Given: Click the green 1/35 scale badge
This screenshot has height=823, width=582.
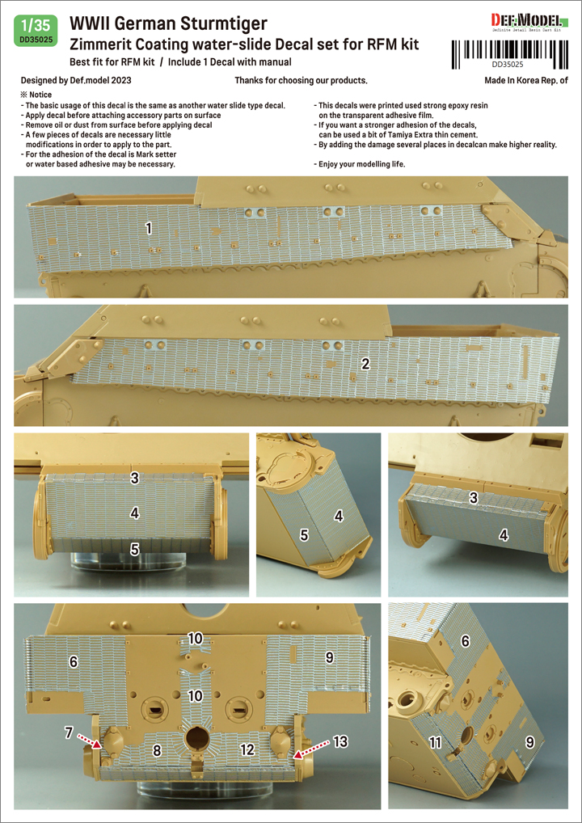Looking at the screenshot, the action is (36, 32).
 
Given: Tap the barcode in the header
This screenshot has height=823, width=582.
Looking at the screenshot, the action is (510, 51).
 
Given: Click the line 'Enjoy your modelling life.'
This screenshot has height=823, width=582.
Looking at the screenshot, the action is (362, 164).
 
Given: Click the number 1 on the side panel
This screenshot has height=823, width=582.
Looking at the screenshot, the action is (150, 228).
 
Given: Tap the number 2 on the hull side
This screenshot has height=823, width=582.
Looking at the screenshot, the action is (366, 362).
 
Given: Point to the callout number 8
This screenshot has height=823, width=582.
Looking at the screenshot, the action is (156, 751).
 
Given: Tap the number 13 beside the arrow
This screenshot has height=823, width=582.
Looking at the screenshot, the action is (340, 741).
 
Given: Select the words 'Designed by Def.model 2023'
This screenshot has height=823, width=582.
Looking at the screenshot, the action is (76, 81).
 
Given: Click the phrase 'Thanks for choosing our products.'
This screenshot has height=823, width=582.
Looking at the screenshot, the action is (301, 81).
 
